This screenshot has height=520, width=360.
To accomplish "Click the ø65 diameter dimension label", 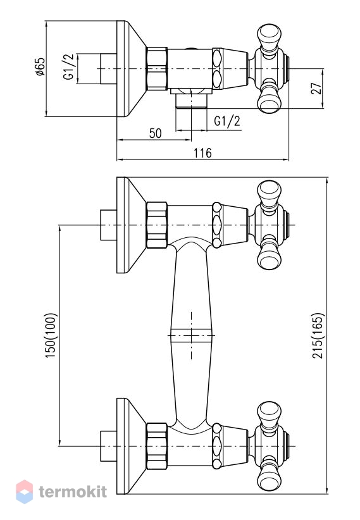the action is click(x=40, y=66).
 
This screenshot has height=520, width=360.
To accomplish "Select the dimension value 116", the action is click(x=202, y=153).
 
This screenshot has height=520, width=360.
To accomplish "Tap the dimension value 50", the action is click(x=155, y=133).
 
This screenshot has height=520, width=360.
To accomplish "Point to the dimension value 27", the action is click(x=317, y=88).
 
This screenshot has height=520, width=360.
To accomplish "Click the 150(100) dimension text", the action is click(x=51, y=335).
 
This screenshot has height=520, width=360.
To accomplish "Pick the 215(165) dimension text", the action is click(x=318, y=336).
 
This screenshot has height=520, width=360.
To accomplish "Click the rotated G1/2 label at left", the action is click(x=69, y=66).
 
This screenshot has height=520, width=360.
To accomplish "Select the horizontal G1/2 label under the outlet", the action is click(x=227, y=121).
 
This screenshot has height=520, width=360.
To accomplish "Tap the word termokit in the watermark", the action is click(x=73, y=492).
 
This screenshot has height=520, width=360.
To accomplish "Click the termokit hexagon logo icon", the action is click(x=25, y=492).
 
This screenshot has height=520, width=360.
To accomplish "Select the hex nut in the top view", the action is click(x=156, y=69).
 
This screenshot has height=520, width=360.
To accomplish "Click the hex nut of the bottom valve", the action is click(x=156, y=446).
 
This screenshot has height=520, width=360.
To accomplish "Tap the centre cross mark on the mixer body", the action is click(x=192, y=335).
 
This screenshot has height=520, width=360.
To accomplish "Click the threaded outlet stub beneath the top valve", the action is click(x=191, y=101).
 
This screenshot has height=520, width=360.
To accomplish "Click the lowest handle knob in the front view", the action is click(x=269, y=478).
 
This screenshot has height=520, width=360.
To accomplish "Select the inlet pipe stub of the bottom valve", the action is click(x=108, y=446).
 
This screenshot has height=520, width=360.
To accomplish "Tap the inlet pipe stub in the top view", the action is click(x=108, y=69).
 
